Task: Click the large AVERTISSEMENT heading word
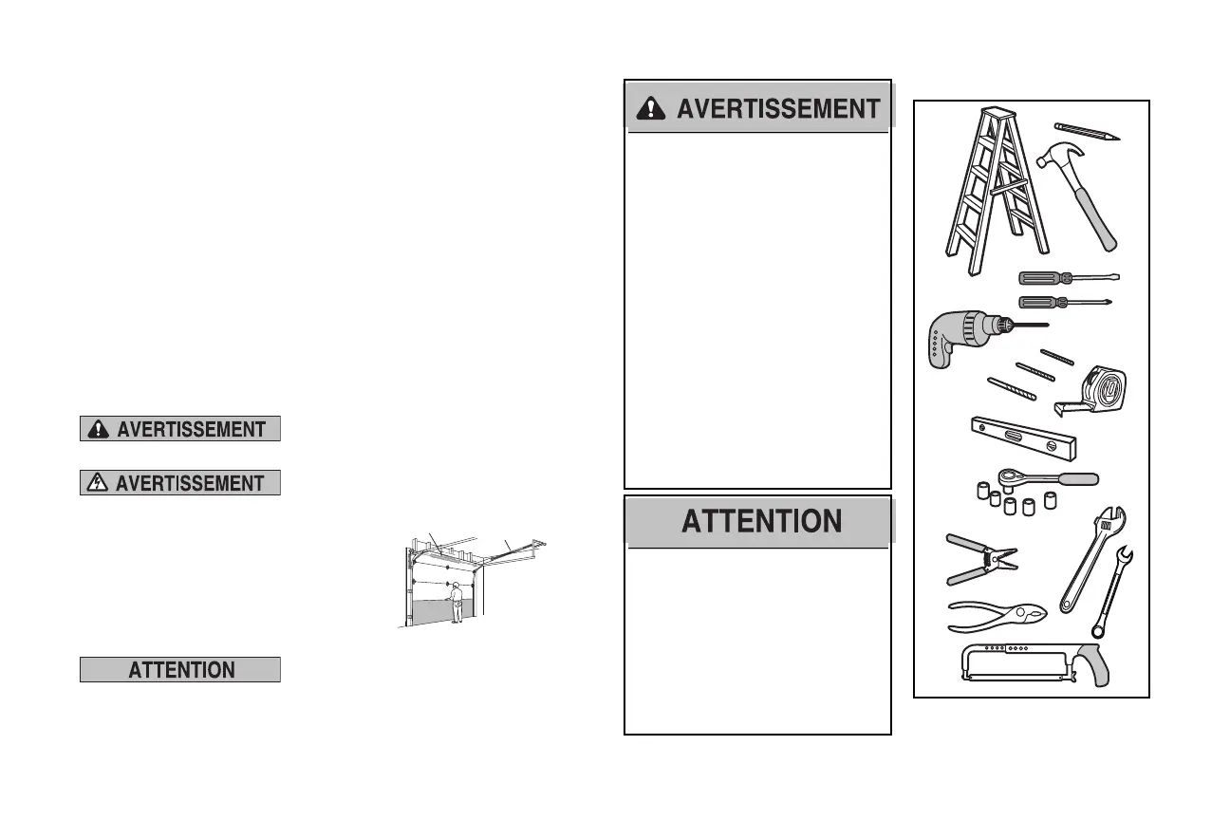coord(778,109)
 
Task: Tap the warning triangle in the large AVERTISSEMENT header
coord(651,109)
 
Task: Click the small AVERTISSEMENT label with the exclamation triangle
coord(180,429)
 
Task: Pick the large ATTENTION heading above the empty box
coord(761,521)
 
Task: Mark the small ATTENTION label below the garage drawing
coord(180,670)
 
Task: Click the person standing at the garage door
coord(457,602)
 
